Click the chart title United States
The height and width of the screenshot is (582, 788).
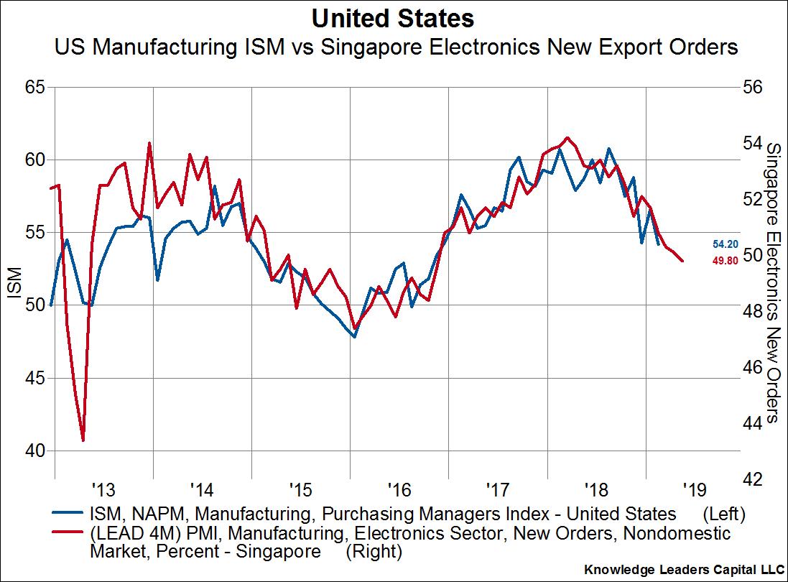(394, 17)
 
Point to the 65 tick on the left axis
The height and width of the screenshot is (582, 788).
(35, 87)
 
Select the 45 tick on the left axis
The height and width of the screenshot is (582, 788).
(35, 378)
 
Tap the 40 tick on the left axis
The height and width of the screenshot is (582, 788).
(35, 451)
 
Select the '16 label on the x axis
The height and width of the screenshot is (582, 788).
(399, 491)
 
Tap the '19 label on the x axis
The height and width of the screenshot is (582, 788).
(694, 491)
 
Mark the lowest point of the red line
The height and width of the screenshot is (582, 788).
(83, 440)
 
